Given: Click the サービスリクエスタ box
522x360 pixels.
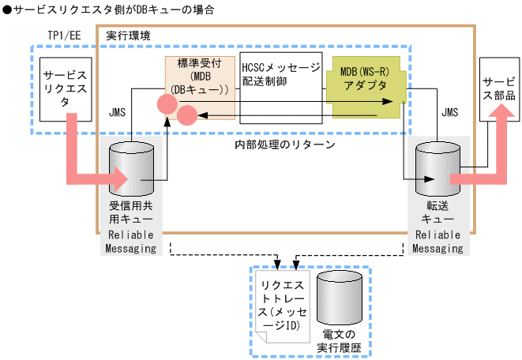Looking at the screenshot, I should [x=66, y=87].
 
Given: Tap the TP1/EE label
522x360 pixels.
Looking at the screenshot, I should [x=65, y=37].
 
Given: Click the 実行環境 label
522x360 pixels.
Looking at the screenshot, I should [x=128, y=36].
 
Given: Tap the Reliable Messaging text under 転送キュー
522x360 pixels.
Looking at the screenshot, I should [x=438, y=242].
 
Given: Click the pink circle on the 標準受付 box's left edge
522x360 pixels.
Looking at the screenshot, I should [x=166, y=103].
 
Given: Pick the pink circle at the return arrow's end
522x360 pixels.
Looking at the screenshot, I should [x=186, y=117].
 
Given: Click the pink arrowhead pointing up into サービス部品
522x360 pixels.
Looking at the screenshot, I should [x=498, y=115].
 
